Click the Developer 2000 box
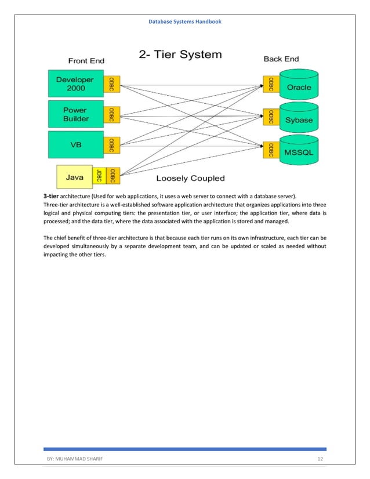click(75, 84)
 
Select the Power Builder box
click(75, 115)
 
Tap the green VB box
click(75, 145)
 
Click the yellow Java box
click(75, 176)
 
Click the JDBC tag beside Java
click(100, 177)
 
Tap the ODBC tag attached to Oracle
click(269, 85)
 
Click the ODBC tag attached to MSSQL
click(269, 150)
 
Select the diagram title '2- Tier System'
click(180, 56)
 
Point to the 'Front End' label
click(86, 60)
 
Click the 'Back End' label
click(281, 59)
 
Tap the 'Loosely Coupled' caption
click(190, 178)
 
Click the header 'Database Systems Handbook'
click(184, 21)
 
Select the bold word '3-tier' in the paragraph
click(51, 197)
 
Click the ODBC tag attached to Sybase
click(269, 117)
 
